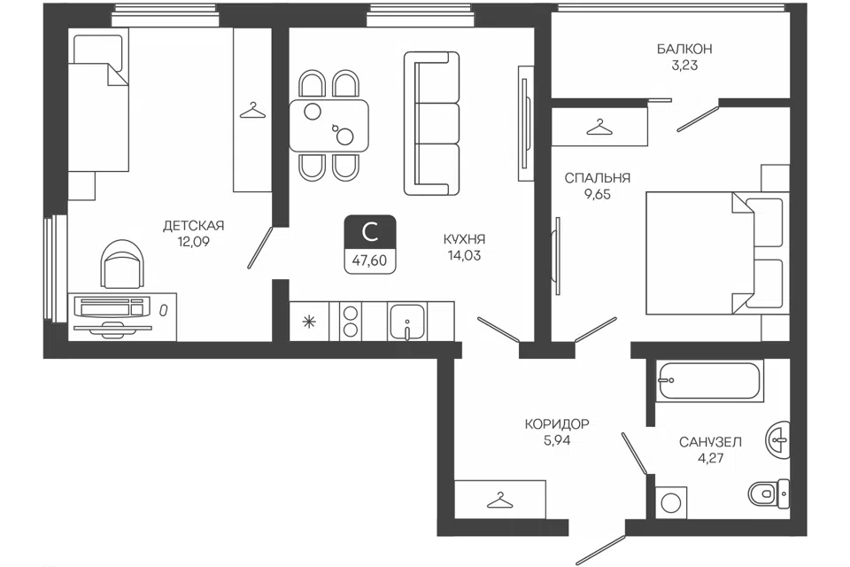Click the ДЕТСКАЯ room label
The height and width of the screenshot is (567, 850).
194,226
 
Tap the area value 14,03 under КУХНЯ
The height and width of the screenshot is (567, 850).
465,255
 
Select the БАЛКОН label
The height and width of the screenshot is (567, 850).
684,50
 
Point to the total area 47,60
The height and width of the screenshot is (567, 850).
370,261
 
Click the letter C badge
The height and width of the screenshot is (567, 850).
370,233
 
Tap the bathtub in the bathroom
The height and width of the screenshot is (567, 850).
709,380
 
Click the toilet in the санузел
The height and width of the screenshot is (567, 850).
769,493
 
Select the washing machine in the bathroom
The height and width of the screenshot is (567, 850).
671,502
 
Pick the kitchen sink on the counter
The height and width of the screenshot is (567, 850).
407,322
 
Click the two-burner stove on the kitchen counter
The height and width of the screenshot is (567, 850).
351,322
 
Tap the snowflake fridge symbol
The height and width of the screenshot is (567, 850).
309,322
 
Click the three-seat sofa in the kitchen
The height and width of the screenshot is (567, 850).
432,124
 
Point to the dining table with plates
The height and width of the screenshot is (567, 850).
329,126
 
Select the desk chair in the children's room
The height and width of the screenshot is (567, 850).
123,264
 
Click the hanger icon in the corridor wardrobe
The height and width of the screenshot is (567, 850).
499,501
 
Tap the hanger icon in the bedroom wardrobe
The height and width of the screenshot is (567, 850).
599,127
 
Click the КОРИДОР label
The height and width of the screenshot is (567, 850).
557,423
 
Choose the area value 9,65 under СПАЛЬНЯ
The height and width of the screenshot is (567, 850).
598,194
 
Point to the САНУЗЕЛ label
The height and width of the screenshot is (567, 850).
710,442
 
